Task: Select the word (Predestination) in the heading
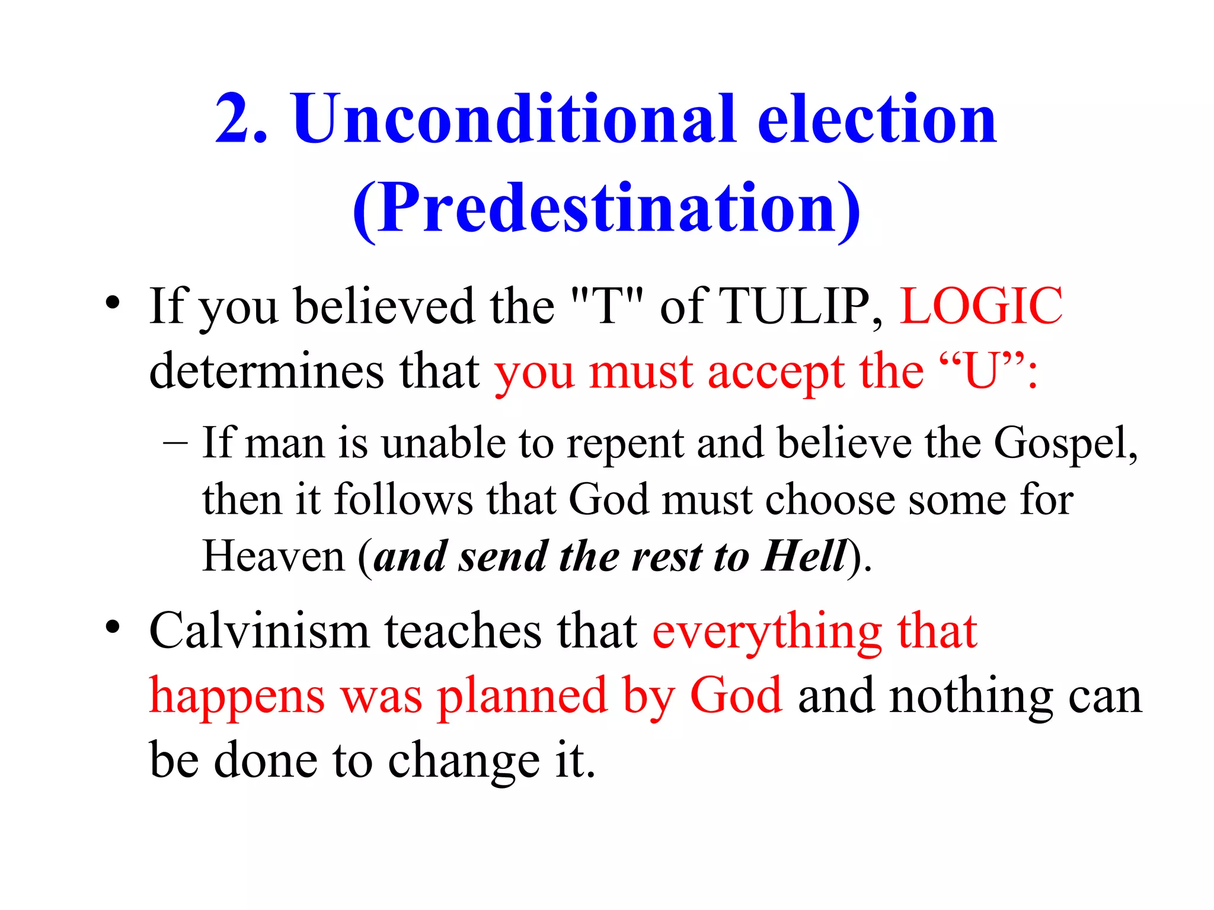point(606,209)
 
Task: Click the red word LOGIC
point(981,306)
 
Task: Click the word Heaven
point(273,556)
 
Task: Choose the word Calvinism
point(260,631)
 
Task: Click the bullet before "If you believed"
point(113,303)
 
